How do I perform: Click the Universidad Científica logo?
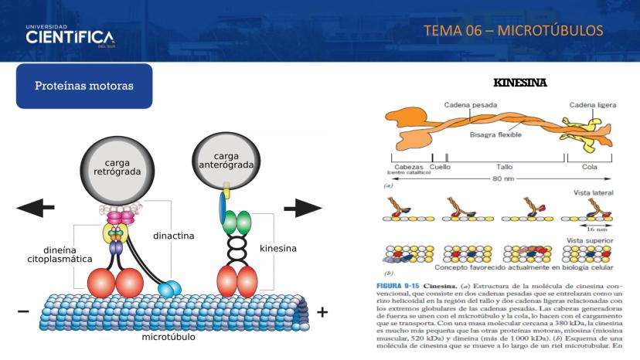70,36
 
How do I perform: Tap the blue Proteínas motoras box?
84,86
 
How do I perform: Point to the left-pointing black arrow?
36,208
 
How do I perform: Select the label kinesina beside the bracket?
278,249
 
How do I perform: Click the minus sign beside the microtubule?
24,312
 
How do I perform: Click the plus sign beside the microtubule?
322,312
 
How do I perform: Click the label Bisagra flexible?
495,134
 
